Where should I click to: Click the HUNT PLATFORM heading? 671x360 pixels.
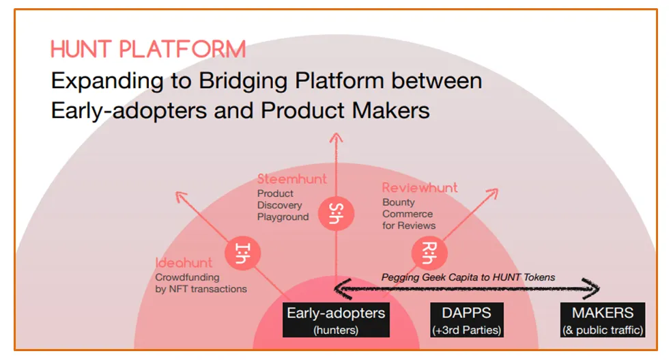click(147, 49)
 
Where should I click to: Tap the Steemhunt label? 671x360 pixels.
click(291, 179)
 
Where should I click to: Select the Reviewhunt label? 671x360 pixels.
click(420, 188)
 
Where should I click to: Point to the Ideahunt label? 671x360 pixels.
click(184, 263)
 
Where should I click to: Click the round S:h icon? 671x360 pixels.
click(335, 213)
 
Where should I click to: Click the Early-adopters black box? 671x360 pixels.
click(336, 320)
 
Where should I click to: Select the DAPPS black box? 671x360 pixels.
click(467, 320)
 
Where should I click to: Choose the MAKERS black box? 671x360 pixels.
click(603, 320)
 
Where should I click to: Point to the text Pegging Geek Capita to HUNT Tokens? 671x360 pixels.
click(468, 277)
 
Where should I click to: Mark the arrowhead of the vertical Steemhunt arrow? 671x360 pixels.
click(335, 137)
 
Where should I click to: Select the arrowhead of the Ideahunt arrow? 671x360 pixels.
click(182, 198)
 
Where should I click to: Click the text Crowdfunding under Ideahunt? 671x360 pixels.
click(187, 277)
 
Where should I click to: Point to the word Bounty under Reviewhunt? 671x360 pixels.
click(399, 203)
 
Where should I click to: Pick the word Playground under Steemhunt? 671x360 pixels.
click(283, 217)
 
